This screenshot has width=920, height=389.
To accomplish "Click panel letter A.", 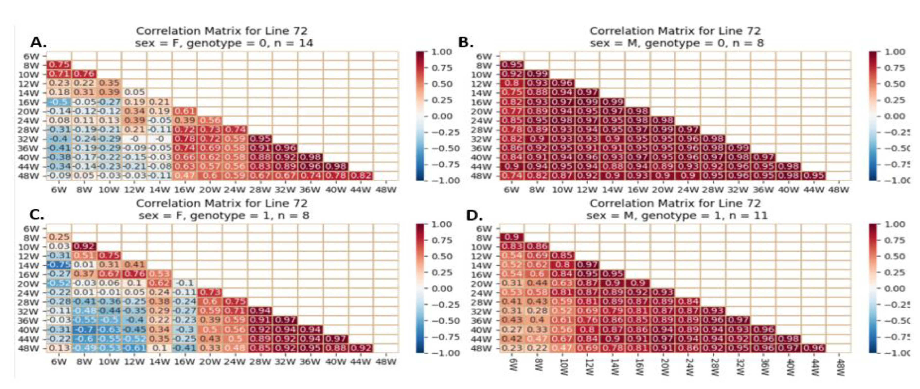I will (x=38, y=43).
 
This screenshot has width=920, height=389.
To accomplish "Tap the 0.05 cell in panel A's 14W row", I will (x=134, y=92).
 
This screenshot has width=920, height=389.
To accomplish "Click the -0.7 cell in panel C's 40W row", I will (x=84, y=329).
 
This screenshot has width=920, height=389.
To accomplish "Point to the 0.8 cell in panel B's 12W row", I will (x=512, y=83).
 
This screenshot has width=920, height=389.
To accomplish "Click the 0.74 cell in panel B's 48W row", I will (x=512, y=175).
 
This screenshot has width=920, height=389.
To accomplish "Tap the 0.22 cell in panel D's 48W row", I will (x=537, y=348).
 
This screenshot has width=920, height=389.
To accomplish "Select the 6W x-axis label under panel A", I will (x=59, y=190).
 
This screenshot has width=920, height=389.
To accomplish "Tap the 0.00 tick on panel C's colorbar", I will (x=441, y=289).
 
